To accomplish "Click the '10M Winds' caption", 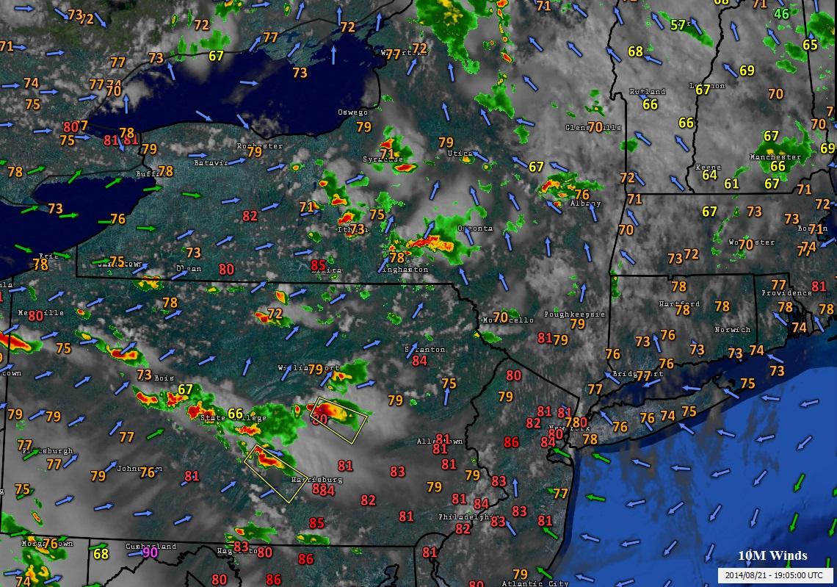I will (x=772, y=555).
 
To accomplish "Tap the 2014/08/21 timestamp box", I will (x=775, y=575).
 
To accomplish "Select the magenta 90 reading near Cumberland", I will (x=150, y=552).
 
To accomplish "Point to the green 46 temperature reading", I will (x=781, y=14).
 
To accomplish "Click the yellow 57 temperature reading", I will (x=678, y=26).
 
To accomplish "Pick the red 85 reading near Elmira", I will (x=318, y=264).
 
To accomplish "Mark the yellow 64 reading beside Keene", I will (x=709, y=175).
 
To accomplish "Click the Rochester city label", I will (x=259, y=146).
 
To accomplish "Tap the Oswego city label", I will (x=352, y=112).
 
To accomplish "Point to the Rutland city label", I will (x=648, y=92).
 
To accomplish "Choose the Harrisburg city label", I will (x=317, y=480).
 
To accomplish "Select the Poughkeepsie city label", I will (x=574, y=314).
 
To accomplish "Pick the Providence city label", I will (x=786, y=292).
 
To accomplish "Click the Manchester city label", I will (x=775, y=157).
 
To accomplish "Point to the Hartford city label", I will (x=679, y=303).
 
